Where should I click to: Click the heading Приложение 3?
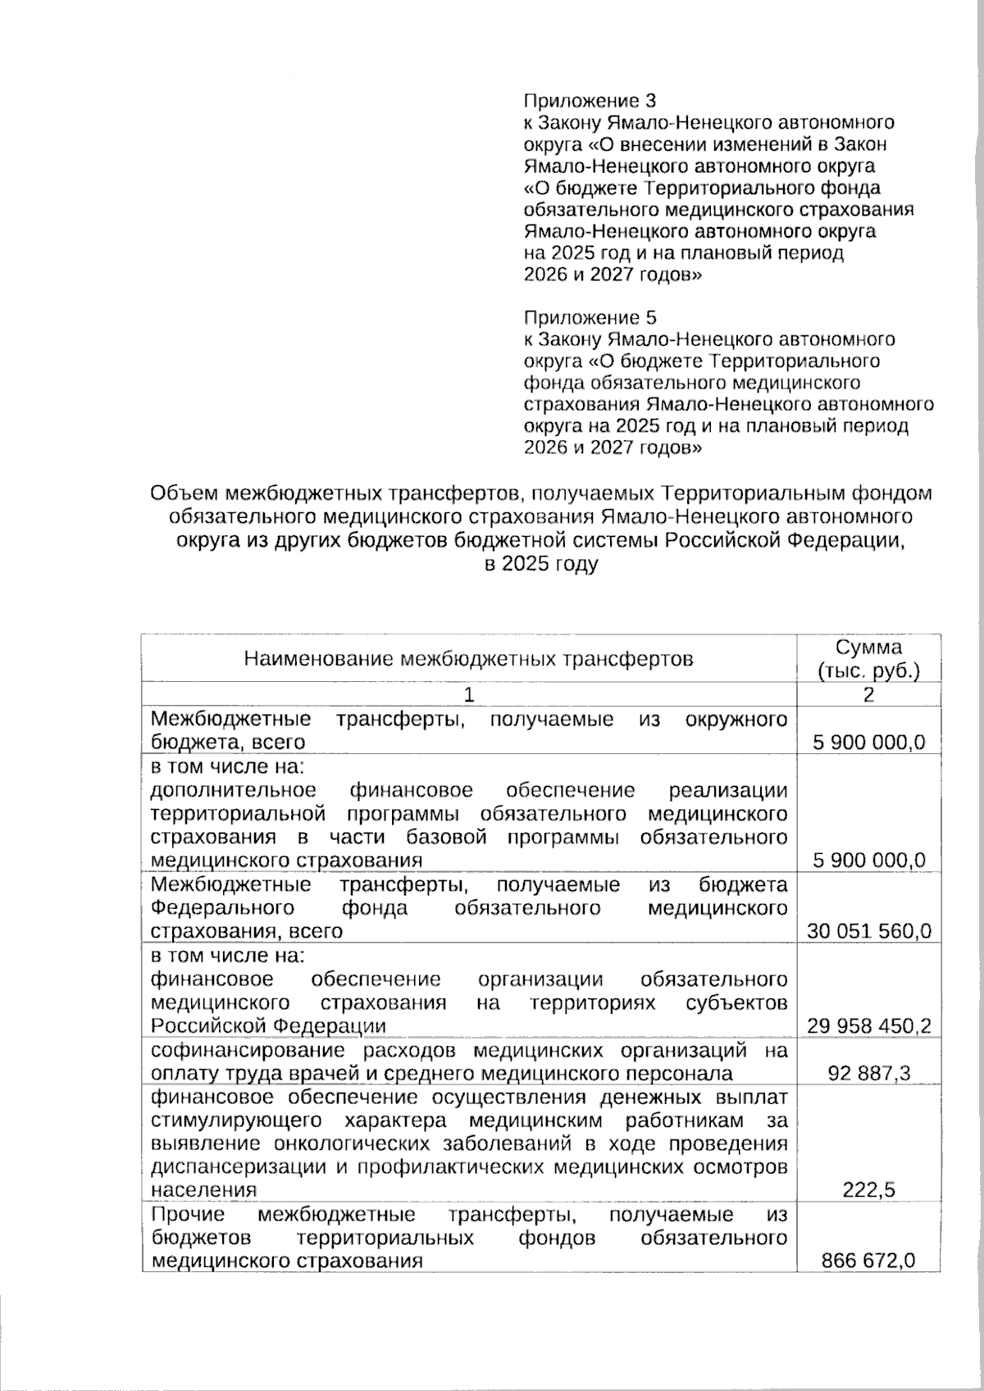[x=590, y=102]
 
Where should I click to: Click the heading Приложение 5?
[x=590, y=317]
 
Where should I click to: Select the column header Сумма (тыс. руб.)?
[x=868, y=658]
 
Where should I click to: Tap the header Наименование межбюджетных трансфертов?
[x=468, y=658]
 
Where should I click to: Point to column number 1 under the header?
[x=468, y=695]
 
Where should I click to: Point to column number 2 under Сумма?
[x=868, y=695]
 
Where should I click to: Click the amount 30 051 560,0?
[x=868, y=931]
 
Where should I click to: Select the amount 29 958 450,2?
[x=868, y=1025]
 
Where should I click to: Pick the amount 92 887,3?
[x=868, y=1073]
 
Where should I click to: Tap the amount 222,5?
[x=868, y=1190]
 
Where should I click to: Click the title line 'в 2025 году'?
[x=540, y=564]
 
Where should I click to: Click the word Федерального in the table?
[x=222, y=908]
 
